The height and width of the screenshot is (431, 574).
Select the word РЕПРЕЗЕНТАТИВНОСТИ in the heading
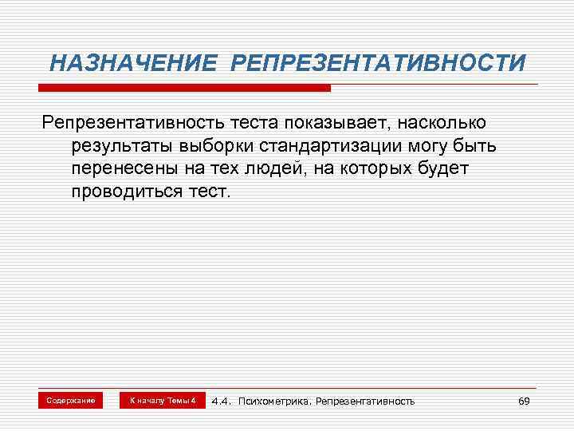(378, 62)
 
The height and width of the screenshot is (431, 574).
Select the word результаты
(121, 147)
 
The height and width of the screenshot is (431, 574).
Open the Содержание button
(71, 400)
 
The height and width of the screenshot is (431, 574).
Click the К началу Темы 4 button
(163, 400)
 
